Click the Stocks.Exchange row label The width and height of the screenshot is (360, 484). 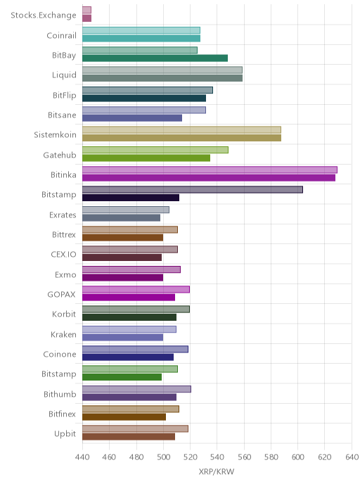tap(44, 15)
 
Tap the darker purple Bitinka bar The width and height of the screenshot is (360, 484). tap(209, 178)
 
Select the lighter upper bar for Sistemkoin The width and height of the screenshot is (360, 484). tap(181, 129)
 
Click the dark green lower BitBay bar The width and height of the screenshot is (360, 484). tap(155, 58)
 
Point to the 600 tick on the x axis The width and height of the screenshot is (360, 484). tap(297, 457)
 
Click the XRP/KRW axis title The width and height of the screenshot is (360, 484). tap(217, 471)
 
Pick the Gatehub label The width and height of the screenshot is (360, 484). tap(60, 155)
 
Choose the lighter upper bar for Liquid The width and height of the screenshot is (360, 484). tap(162, 70)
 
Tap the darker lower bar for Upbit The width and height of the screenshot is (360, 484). tap(129, 436)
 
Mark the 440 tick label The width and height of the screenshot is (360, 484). tap(82, 457)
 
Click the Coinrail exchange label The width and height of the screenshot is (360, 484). tap(61, 35)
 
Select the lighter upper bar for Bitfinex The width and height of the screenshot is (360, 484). tap(131, 409)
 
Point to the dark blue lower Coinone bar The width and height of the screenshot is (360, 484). tap(128, 357)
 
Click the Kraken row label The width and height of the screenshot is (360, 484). tap(63, 334)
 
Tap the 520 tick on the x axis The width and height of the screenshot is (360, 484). tap(190, 457)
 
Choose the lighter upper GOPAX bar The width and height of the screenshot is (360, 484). tap(136, 289)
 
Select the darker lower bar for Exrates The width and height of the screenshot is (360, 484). tap(121, 217)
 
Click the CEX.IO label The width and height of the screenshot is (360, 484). tap(63, 255)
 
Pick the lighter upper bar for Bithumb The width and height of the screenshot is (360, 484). tap(136, 389)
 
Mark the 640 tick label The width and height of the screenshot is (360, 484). tap(352, 457)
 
